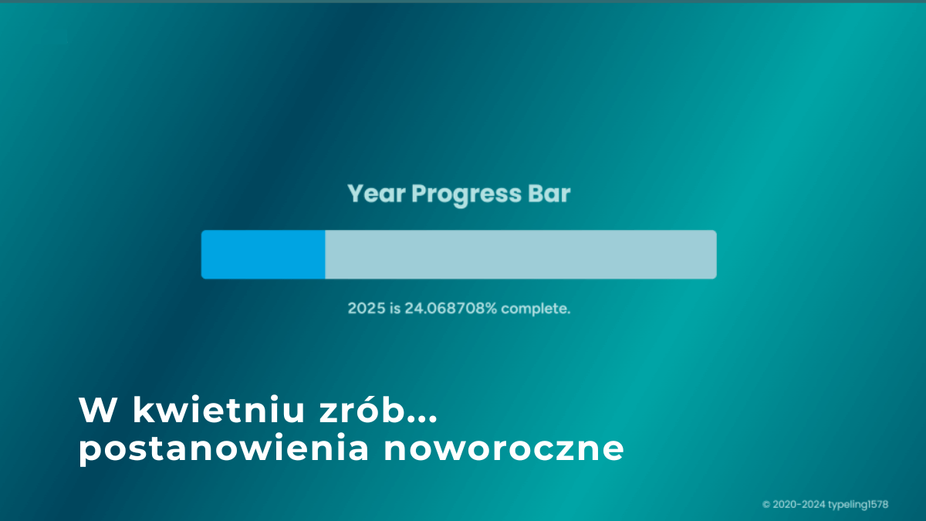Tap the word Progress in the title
466,195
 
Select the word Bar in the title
549,194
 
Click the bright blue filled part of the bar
263,254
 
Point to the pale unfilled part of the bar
521,254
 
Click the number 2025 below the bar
367,309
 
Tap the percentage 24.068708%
451,309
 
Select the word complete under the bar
536,309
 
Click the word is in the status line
395,309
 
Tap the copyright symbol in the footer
766,505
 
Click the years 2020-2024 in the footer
799,505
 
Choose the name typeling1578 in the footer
859,505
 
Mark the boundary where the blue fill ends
325,254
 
